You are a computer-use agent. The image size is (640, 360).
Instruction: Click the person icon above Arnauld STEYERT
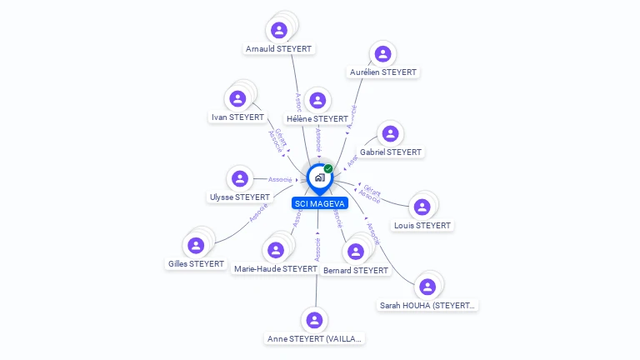(279, 31)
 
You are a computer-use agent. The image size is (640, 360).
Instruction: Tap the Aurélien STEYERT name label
(382, 72)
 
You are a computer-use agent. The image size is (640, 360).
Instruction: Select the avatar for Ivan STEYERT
(237, 99)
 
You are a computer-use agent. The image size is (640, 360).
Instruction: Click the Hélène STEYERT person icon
(317, 101)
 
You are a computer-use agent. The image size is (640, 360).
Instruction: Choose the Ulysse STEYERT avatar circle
(240, 178)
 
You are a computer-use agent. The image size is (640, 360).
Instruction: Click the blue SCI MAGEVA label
(320, 203)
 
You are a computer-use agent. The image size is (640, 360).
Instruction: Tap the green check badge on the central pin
(328, 169)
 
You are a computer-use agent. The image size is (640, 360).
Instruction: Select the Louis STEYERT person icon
(422, 207)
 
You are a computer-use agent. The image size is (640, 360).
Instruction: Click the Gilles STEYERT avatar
(196, 245)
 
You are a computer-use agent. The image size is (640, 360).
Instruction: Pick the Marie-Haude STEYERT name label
(276, 269)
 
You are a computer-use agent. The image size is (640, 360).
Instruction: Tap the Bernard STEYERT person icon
(356, 252)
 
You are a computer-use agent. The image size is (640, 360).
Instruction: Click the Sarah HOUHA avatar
(427, 287)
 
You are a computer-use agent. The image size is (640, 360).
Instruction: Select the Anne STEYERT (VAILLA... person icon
(314, 320)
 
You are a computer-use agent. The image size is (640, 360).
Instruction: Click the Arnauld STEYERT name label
(279, 49)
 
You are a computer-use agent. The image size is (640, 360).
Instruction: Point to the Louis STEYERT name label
(422, 226)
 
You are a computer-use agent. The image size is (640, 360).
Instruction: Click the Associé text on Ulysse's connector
(280, 179)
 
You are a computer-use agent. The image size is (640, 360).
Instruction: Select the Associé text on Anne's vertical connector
(317, 249)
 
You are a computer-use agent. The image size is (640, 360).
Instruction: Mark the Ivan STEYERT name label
(237, 117)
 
